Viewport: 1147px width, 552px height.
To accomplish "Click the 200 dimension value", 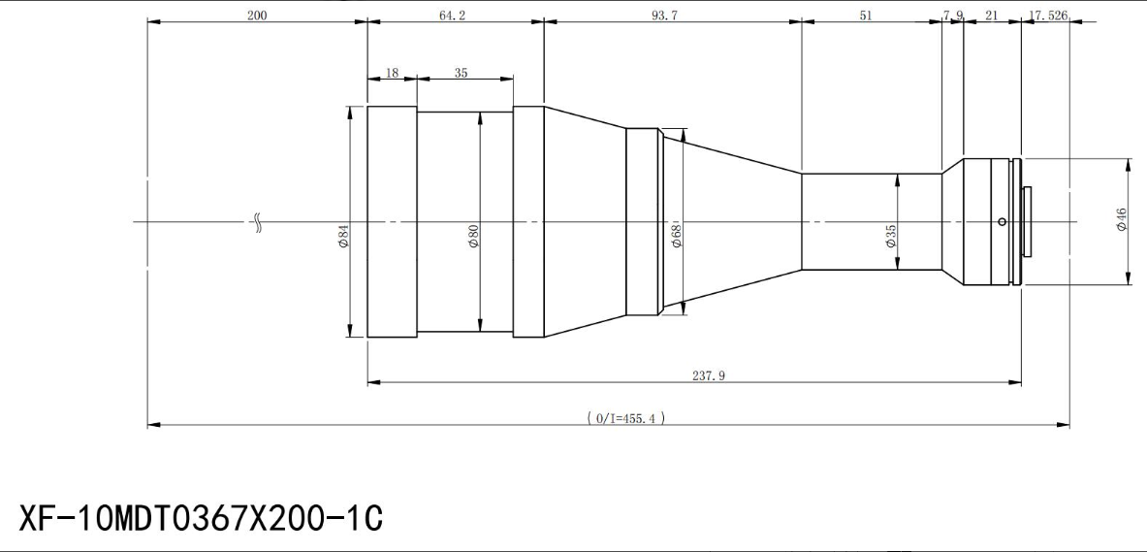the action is [x=257, y=15].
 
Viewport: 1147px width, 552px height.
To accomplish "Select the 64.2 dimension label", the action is [x=452, y=15].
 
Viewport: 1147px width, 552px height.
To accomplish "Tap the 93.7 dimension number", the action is [x=664, y=15].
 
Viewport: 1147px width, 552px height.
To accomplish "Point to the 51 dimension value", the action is [x=866, y=15].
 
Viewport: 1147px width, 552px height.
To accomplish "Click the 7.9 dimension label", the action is [x=953, y=15].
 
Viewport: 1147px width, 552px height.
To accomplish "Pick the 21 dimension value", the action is [x=992, y=15].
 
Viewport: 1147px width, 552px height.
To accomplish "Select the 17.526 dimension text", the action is [x=1048, y=15].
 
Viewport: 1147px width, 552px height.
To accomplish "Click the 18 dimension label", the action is [x=392, y=73].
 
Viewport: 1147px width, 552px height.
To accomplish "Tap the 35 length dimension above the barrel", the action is [x=461, y=73].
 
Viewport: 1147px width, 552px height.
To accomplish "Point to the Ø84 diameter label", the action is [x=343, y=236].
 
